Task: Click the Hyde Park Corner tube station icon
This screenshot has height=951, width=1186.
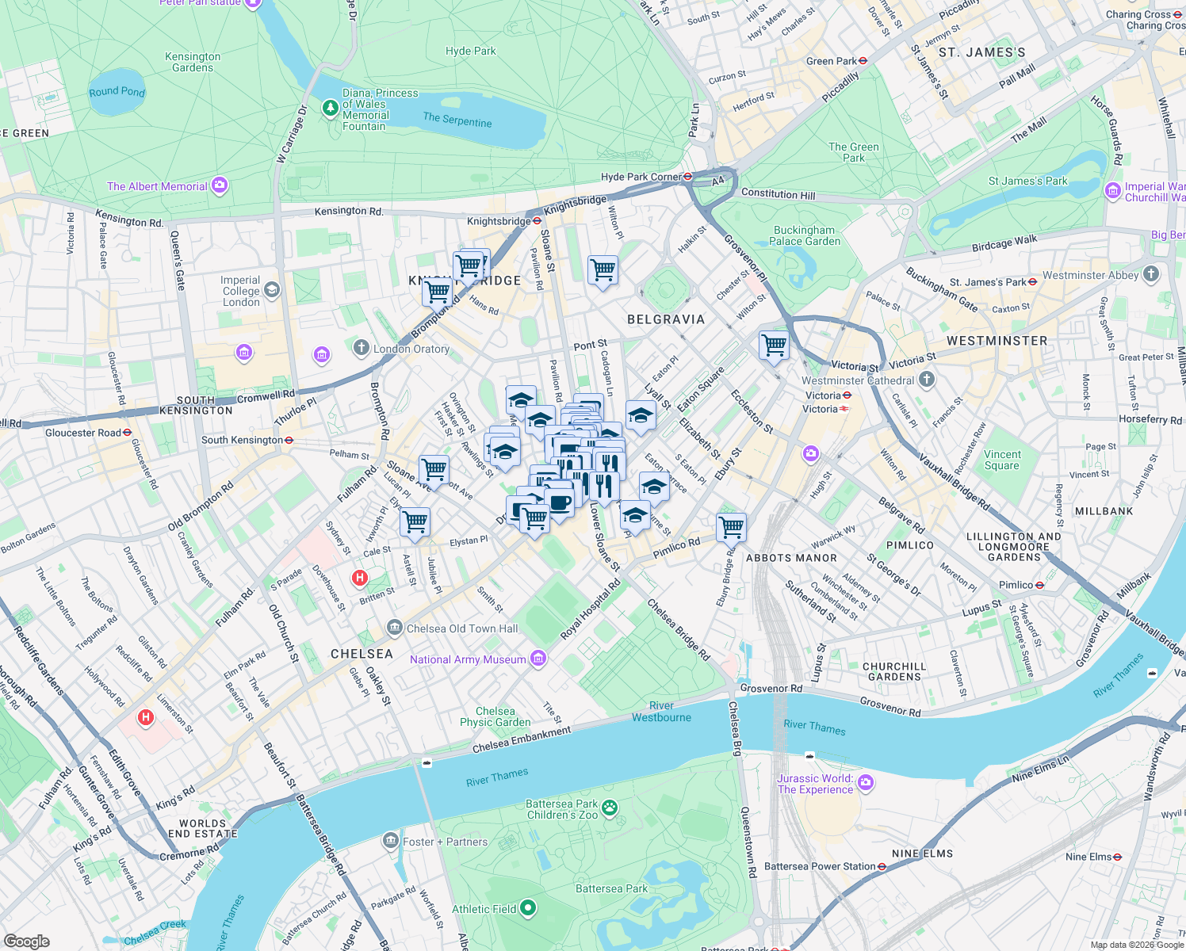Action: pyautogui.click(x=688, y=177)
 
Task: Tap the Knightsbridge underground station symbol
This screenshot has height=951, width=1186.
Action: pyautogui.click(x=537, y=221)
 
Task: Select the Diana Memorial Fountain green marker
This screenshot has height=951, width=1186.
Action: pyautogui.click(x=331, y=107)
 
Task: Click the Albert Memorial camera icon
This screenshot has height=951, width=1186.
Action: pyautogui.click(x=220, y=186)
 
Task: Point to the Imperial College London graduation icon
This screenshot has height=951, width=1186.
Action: pyautogui.click(x=272, y=290)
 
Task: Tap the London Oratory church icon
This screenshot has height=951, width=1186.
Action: pyautogui.click(x=362, y=348)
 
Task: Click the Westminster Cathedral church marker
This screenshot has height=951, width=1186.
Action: pyautogui.click(x=927, y=380)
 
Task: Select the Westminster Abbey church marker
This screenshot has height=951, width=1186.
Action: pyautogui.click(x=1151, y=275)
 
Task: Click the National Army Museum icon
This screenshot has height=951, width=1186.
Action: pyautogui.click(x=538, y=659)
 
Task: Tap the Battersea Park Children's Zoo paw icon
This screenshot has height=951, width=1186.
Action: pyautogui.click(x=610, y=808)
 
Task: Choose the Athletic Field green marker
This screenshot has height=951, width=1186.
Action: pyautogui.click(x=528, y=909)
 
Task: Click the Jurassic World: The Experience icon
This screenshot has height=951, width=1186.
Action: pyautogui.click(x=866, y=783)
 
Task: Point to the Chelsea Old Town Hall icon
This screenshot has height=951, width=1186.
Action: pyautogui.click(x=394, y=628)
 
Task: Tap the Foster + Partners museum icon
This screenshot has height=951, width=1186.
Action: pyautogui.click(x=390, y=841)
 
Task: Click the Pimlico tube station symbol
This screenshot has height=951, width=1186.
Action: pyautogui.click(x=1039, y=585)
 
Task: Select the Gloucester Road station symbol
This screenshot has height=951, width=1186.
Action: pyautogui.click(x=127, y=433)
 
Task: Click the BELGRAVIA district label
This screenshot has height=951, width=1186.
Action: pyautogui.click(x=666, y=319)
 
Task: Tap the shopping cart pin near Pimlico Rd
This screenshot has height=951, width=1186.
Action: pyautogui.click(x=730, y=526)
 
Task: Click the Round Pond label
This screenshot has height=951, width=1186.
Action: pyautogui.click(x=117, y=92)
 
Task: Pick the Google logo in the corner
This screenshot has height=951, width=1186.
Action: pyautogui.click(x=26, y=941)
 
